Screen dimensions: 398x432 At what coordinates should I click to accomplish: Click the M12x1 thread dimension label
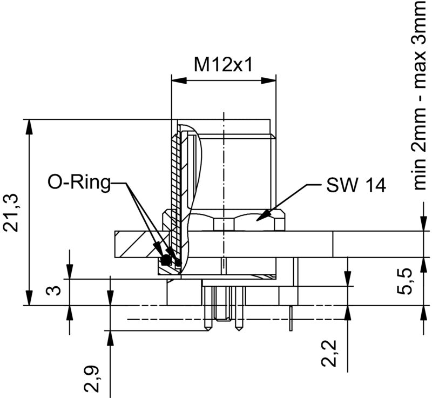coord(224,65)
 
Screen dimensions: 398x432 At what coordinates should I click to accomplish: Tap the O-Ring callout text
coord(78,183)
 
